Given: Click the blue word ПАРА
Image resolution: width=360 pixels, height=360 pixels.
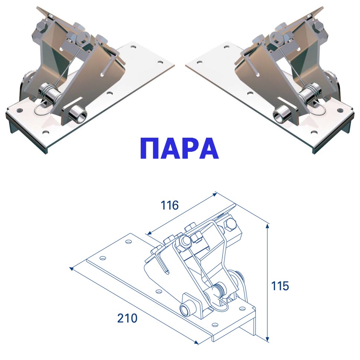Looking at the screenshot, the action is pyautogui.click(x=179, y=149).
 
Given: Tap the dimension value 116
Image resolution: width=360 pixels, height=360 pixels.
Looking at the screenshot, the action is pyautogui.click(x=170, y=205).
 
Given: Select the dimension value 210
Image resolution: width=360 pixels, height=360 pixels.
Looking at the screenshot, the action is pyautogui.click(x=127, y=318).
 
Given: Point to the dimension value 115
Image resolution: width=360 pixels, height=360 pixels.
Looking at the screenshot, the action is pyautogui.click(x=280, y=286).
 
